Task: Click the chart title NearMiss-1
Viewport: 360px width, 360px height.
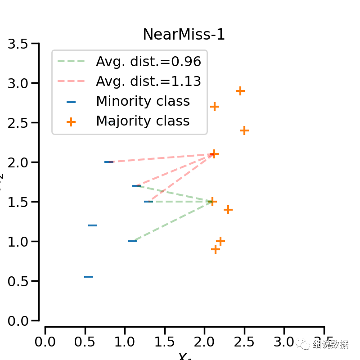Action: tap(184, 35)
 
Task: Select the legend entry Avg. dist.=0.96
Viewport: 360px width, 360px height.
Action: tap(148, 62)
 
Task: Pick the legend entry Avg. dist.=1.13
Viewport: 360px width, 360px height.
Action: tap(148, 81)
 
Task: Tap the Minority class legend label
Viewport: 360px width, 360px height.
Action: tap(143, 101)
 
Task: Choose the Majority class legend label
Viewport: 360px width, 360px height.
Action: tap(143, 121)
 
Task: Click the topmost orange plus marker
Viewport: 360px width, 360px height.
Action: tap(240, 91)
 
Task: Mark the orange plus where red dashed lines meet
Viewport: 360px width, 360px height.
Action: tap(214, 154)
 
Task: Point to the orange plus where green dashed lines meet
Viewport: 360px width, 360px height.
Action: tap(212, 202)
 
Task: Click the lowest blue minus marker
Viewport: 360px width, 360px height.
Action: tap(89, 277)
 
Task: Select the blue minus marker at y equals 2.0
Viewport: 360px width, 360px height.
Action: tap(109, 162)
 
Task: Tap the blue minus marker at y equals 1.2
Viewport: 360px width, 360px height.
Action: tap(93, 225)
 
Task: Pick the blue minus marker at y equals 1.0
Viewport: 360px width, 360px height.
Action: tap(133, 241)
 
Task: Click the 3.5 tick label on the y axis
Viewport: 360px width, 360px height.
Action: tap(18, 44)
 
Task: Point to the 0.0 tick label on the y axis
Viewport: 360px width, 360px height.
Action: tap(18, 321)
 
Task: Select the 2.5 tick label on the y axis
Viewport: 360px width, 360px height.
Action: tap(18, 123)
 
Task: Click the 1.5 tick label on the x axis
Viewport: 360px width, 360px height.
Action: tap(165, 342)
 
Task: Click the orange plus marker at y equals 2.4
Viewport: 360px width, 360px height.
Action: tap(244, 130)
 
